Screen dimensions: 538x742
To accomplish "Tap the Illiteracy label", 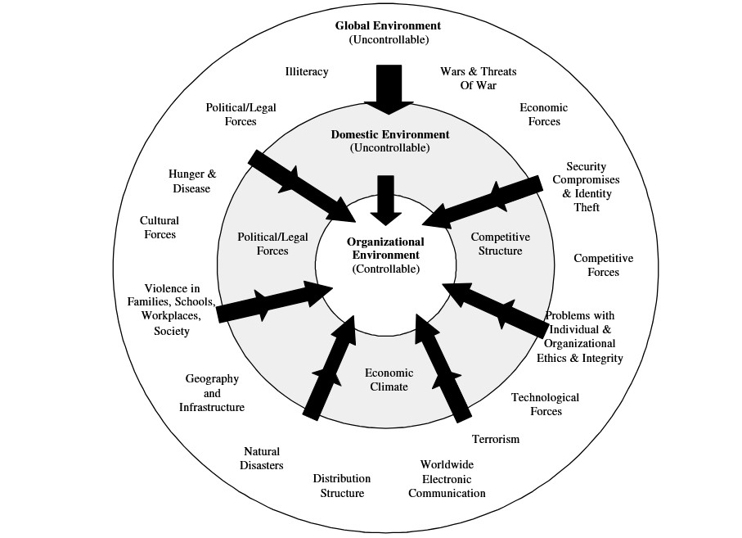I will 307,72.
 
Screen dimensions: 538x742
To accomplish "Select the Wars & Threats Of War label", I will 478,79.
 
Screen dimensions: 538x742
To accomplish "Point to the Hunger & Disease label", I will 191,182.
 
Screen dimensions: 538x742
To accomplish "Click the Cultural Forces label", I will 160,228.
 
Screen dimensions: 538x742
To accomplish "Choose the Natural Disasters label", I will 262,459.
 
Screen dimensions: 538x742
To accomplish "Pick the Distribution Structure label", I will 341,486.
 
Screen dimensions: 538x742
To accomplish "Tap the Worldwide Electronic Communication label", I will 447,479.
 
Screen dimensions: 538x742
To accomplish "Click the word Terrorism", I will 495,439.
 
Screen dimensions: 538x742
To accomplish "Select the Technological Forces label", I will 545,404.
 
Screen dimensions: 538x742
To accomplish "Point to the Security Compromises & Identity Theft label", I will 586,187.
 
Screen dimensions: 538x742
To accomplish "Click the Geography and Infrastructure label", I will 212,393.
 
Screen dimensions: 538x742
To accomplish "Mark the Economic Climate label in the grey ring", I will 386,380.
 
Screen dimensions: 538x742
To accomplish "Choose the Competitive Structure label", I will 500,244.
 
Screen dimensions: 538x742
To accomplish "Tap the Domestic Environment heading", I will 389,134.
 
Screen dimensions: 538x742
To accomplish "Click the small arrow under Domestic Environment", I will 386,199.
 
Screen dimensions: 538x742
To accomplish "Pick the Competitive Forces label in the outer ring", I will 603,265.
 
